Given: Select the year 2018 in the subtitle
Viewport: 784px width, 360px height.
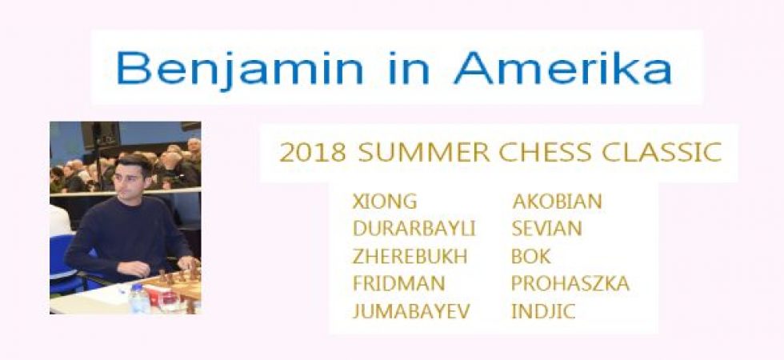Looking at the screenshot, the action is click(313, 154).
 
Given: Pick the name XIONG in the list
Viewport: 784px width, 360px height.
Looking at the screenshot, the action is click(385, 202).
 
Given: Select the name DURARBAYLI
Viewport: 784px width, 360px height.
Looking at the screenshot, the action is click(414, 229).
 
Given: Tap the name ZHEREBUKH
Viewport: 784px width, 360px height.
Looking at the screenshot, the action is click(410, 256).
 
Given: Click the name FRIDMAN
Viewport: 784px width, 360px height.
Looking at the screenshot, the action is click(398, 283).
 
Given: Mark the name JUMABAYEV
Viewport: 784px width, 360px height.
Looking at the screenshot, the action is click(411, 311).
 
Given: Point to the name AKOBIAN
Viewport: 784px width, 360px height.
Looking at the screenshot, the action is click(557, 202).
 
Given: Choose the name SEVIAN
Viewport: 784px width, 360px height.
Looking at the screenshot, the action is click(546, 229).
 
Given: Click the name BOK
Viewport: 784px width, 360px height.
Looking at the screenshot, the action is click(531, 256).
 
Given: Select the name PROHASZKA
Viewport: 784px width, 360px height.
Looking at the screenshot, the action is click(570, 283).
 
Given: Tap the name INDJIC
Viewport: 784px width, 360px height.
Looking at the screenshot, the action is click(543, 311).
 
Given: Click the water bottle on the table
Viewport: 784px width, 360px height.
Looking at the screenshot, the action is click(139, 299).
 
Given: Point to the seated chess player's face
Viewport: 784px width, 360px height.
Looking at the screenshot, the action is click(129, 178).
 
